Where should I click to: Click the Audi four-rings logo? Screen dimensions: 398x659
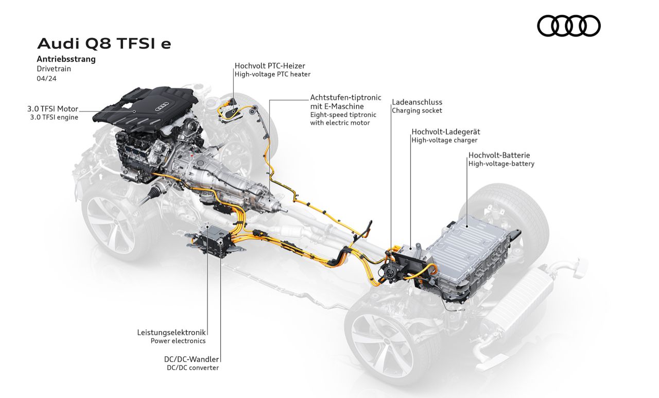click(x=569, y=26)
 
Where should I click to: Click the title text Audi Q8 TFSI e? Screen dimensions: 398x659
click(x=104, y=44)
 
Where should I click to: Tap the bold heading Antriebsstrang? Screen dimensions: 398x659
click(x=66, y=59)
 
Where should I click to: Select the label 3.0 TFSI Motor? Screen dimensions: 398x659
click(x=53, y=109)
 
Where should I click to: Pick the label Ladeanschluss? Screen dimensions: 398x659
click(x=417, y=102)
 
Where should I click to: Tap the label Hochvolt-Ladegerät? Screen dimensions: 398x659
click(x=445, y=132)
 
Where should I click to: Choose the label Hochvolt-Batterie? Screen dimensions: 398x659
click(x=499, y=155)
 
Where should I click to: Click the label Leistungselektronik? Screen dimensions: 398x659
click(x=171, y=332)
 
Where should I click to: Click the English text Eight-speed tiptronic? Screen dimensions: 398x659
click(x=343, y=115)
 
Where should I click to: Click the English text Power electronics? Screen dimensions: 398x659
click(x=178, y=341)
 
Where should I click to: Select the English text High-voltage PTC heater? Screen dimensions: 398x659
click(x=272, y=74)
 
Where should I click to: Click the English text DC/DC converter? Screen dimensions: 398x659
click(x=193, y=368)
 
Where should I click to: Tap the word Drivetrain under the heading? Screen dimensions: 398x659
click(x=54, y=68)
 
